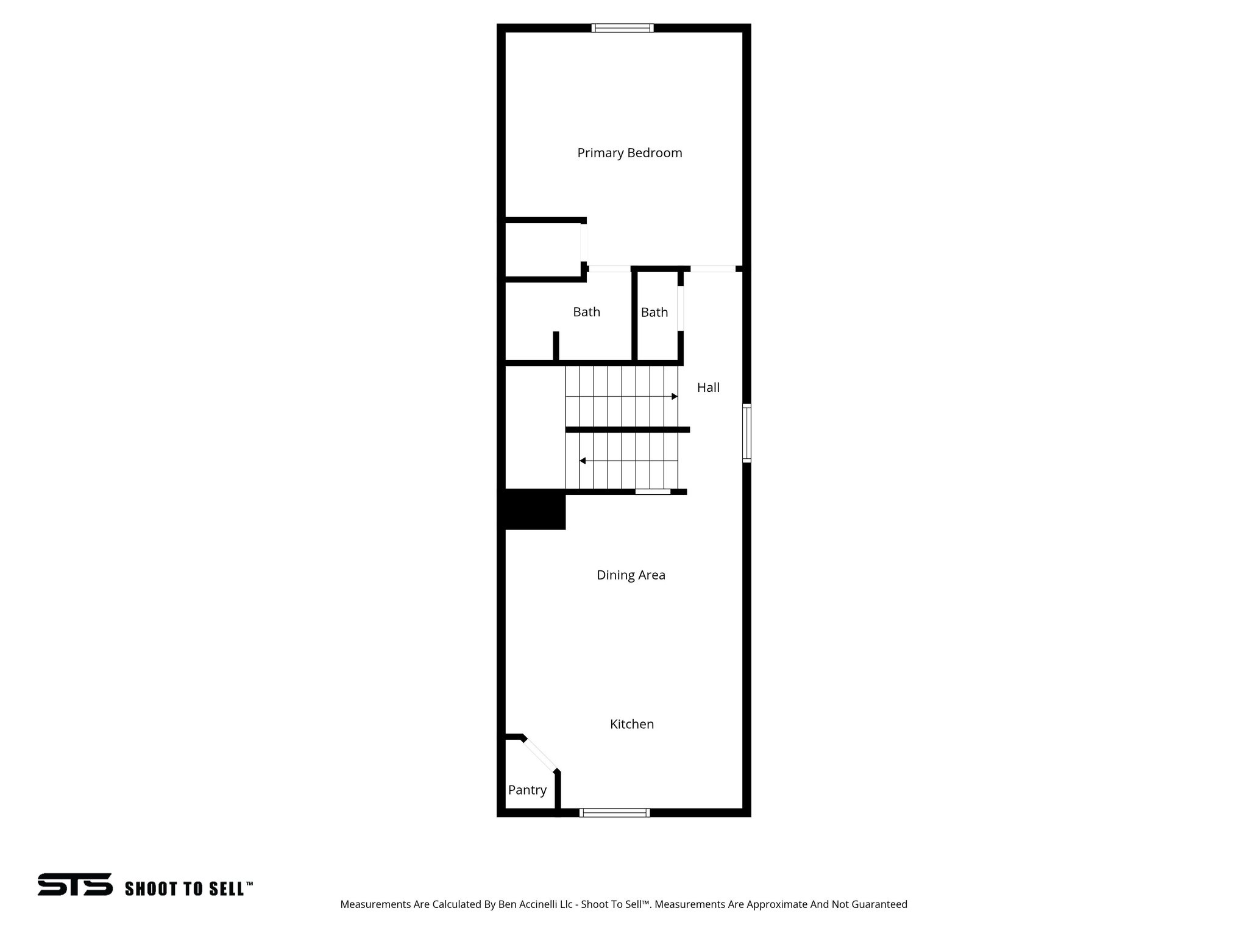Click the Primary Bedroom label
(629, 153)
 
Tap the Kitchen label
(632, 724)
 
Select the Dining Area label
(631, 575)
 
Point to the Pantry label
(527, 790)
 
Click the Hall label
(708, 388)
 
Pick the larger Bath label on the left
(586, 312)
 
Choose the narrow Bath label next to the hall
(654, 313)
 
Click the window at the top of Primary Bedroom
(622, 28)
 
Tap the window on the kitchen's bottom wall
(614, 812)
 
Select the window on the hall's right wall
(746, 433)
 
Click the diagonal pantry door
(540, 754)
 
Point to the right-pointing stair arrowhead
(675, 397)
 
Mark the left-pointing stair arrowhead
(583, 461)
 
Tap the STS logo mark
(75, 884)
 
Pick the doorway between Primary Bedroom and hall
(712, 269)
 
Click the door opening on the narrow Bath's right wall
(681, 308)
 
